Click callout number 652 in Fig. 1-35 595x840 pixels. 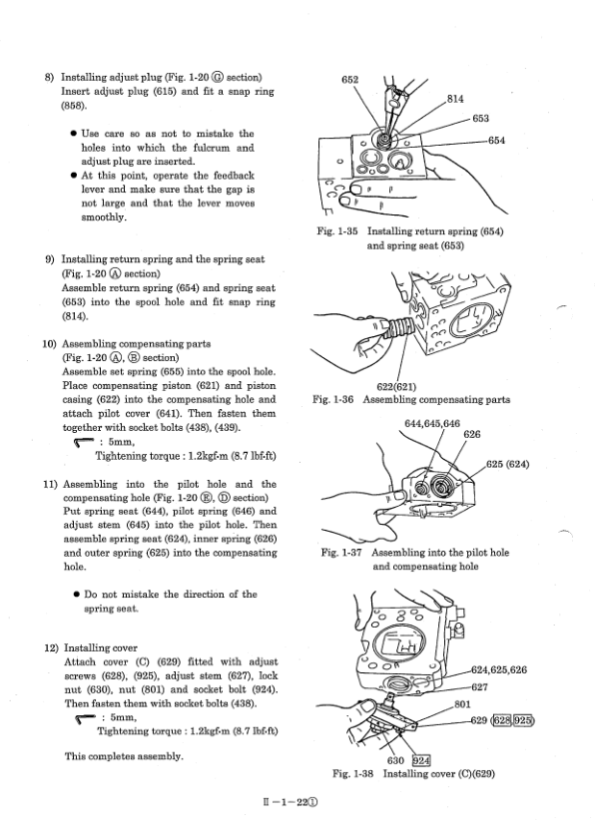[349, 80]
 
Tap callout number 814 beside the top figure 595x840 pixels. [455, 99]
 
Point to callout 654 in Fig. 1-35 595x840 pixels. [496, 141]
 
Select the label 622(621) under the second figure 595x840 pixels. [396, 386]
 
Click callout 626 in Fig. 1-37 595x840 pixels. [472, 434]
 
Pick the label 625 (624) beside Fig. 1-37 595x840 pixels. [507, 464]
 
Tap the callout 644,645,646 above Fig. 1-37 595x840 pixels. [432, 424]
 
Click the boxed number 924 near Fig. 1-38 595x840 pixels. [421, 760]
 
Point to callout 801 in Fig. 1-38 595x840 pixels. [462, 704]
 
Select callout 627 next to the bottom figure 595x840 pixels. [479, 687]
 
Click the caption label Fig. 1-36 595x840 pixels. [332, 400]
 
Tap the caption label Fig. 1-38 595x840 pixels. [352, 774]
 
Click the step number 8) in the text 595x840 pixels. [49, 78]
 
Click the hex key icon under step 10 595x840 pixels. [83, 443]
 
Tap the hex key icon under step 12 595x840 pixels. [85, 718]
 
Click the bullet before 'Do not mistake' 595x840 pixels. [77, 595]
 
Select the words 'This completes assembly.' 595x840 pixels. [124, 756]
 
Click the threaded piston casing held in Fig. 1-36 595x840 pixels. [395, 327]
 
